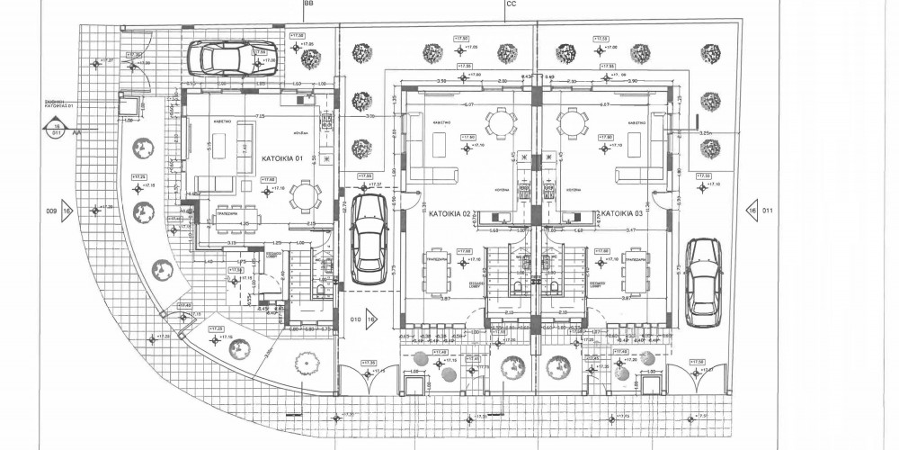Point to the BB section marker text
tap(308, 4)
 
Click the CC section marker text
tap(511, 4)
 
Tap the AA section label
tap(78, 131)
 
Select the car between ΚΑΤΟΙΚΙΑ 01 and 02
tap(368, 238)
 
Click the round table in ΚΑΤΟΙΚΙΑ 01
tap(307, 193)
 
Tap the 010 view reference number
tap(353, 318)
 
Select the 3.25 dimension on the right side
tap(706, 132)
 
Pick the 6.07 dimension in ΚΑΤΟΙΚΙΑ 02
tap(468, 104)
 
